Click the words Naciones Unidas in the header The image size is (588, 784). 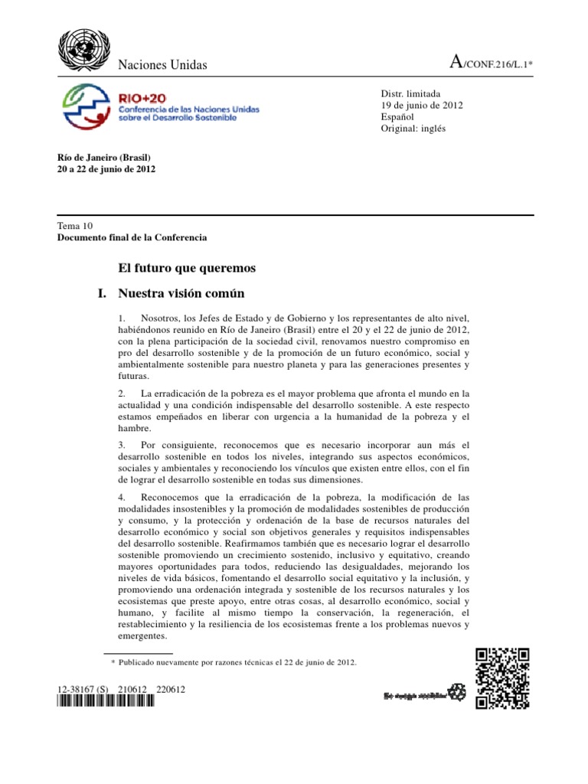point(162,65)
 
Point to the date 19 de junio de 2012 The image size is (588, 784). point(422,106)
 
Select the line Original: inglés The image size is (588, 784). point(413,129)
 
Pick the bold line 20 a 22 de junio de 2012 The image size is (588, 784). point(106,168)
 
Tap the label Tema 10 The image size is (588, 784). point(74,227)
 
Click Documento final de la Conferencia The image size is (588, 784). point(132,238)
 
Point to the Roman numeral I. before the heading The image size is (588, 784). point(96,293)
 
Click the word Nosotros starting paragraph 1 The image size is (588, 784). point(163,317)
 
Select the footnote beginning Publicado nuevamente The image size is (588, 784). point(237,661)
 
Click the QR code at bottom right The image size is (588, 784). point(502,678)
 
